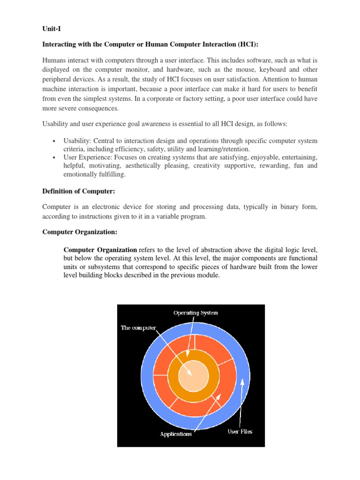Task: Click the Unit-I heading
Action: (51, 29)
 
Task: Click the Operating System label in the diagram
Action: (195, 313)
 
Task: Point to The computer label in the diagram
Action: (138, 328)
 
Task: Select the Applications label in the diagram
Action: (176, 434)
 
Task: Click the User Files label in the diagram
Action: (240, 431)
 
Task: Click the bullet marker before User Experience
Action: (54, 158)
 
